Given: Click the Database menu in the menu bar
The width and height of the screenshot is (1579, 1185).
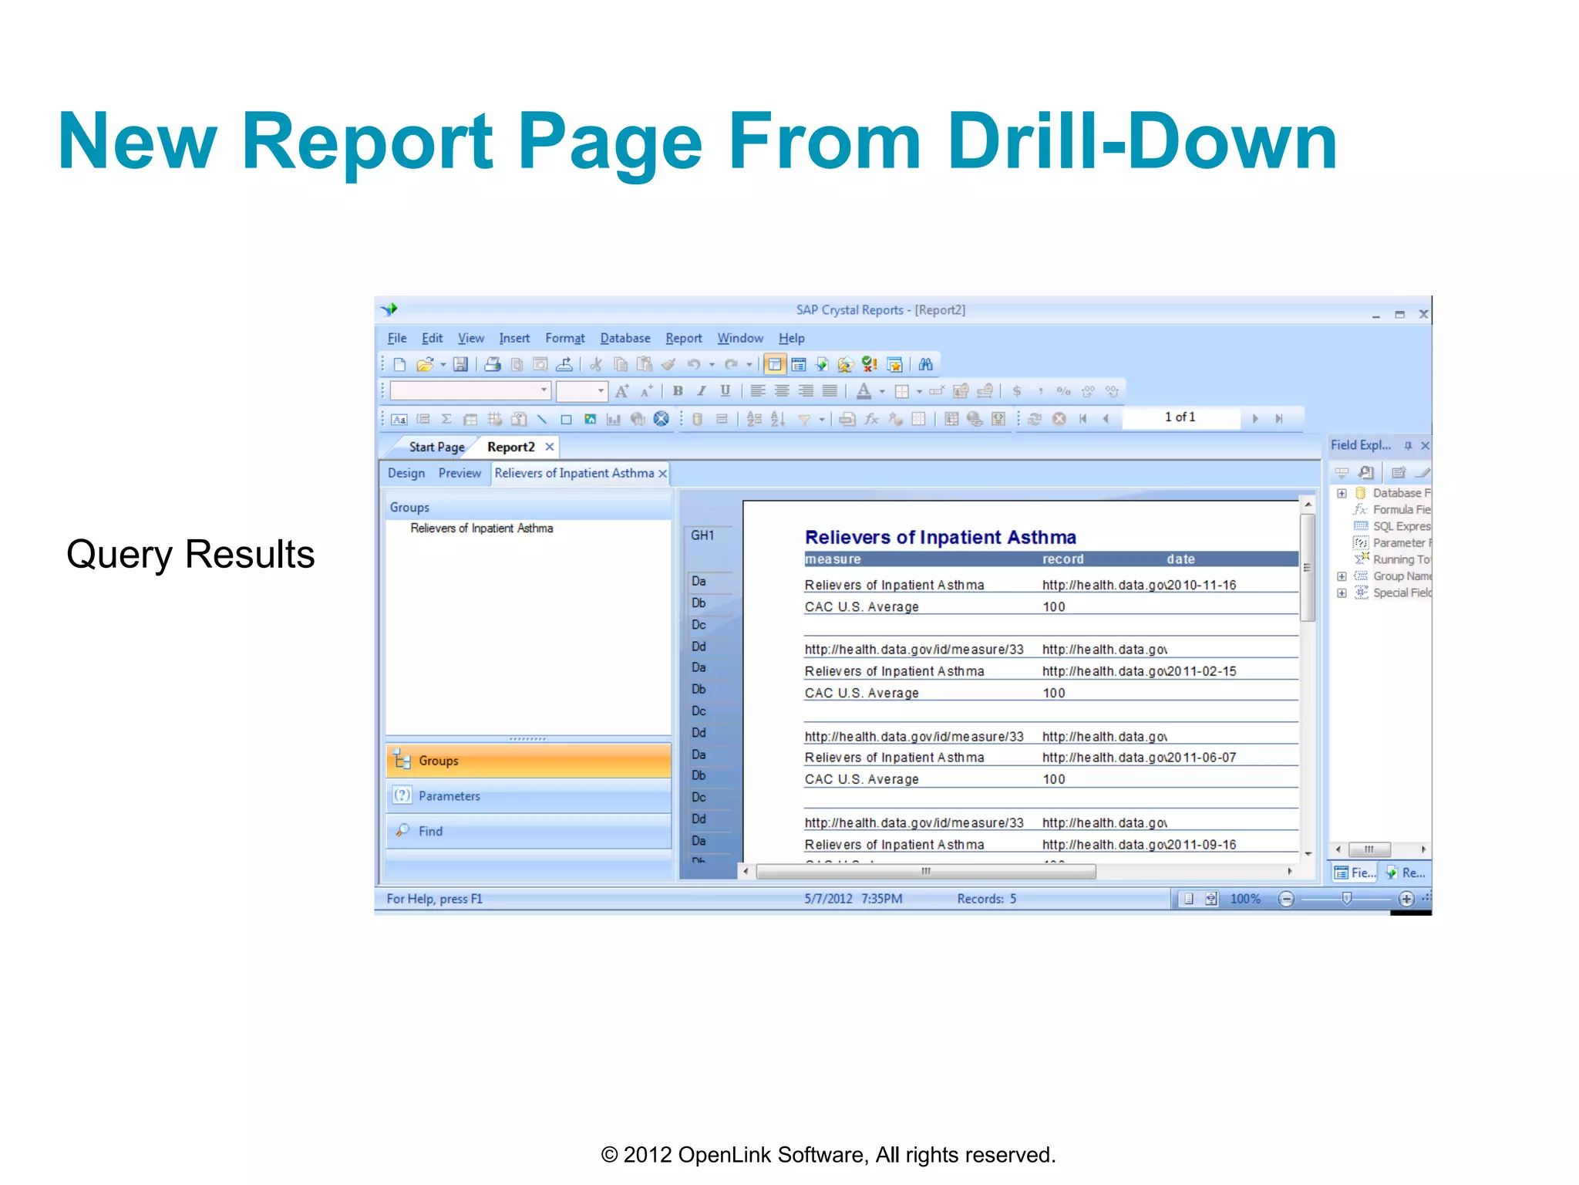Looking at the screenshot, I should pos(625,338).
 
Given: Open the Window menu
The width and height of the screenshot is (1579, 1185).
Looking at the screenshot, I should pos(739,338).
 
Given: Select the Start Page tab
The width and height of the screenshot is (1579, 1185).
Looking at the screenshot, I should pos(436,447).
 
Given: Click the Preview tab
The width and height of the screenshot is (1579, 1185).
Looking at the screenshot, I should pos(460,473).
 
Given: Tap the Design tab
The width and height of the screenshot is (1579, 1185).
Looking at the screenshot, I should pos(406,473).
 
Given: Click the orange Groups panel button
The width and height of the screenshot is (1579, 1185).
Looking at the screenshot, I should pos(528,761).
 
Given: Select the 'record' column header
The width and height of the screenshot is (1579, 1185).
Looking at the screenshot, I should pos(1062,559).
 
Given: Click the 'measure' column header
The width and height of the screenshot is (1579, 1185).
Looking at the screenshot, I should pos(833,559).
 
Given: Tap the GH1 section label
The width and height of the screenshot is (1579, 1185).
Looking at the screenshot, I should pos(702,535).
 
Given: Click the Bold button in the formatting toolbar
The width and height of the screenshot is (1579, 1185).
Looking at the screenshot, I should pos(678,391).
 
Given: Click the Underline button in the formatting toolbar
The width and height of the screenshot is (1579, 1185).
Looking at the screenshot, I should pos(725,391).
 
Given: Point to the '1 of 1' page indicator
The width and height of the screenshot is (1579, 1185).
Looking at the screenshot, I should pos(1180,417).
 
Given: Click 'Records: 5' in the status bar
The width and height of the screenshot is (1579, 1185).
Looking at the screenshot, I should pos(986,899).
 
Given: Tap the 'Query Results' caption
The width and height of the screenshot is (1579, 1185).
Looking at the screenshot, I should pos(190,554).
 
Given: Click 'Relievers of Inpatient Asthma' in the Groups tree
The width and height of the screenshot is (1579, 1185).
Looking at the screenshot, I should pos(481,528).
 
